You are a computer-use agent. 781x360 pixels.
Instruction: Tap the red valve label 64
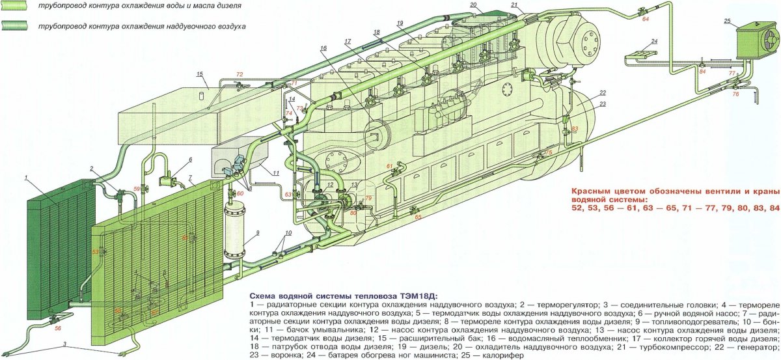tap(646, 20)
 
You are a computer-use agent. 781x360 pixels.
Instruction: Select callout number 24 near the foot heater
tap(654, 42)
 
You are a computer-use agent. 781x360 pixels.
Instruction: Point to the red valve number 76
tap(736, 94)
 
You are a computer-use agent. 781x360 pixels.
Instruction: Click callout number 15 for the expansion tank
tap(200, 74)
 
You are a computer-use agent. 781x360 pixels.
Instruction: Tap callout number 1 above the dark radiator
tap(25, 177)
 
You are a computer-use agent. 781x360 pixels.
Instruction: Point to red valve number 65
tap(418, 216)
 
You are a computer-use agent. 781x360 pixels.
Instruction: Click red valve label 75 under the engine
tap(548, 152)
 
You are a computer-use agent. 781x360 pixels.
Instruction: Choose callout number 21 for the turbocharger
tap(514, 6)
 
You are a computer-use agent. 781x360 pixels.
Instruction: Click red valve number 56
tap(58, 328)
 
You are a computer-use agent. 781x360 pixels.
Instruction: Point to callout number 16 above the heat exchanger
tap(323, 49)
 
